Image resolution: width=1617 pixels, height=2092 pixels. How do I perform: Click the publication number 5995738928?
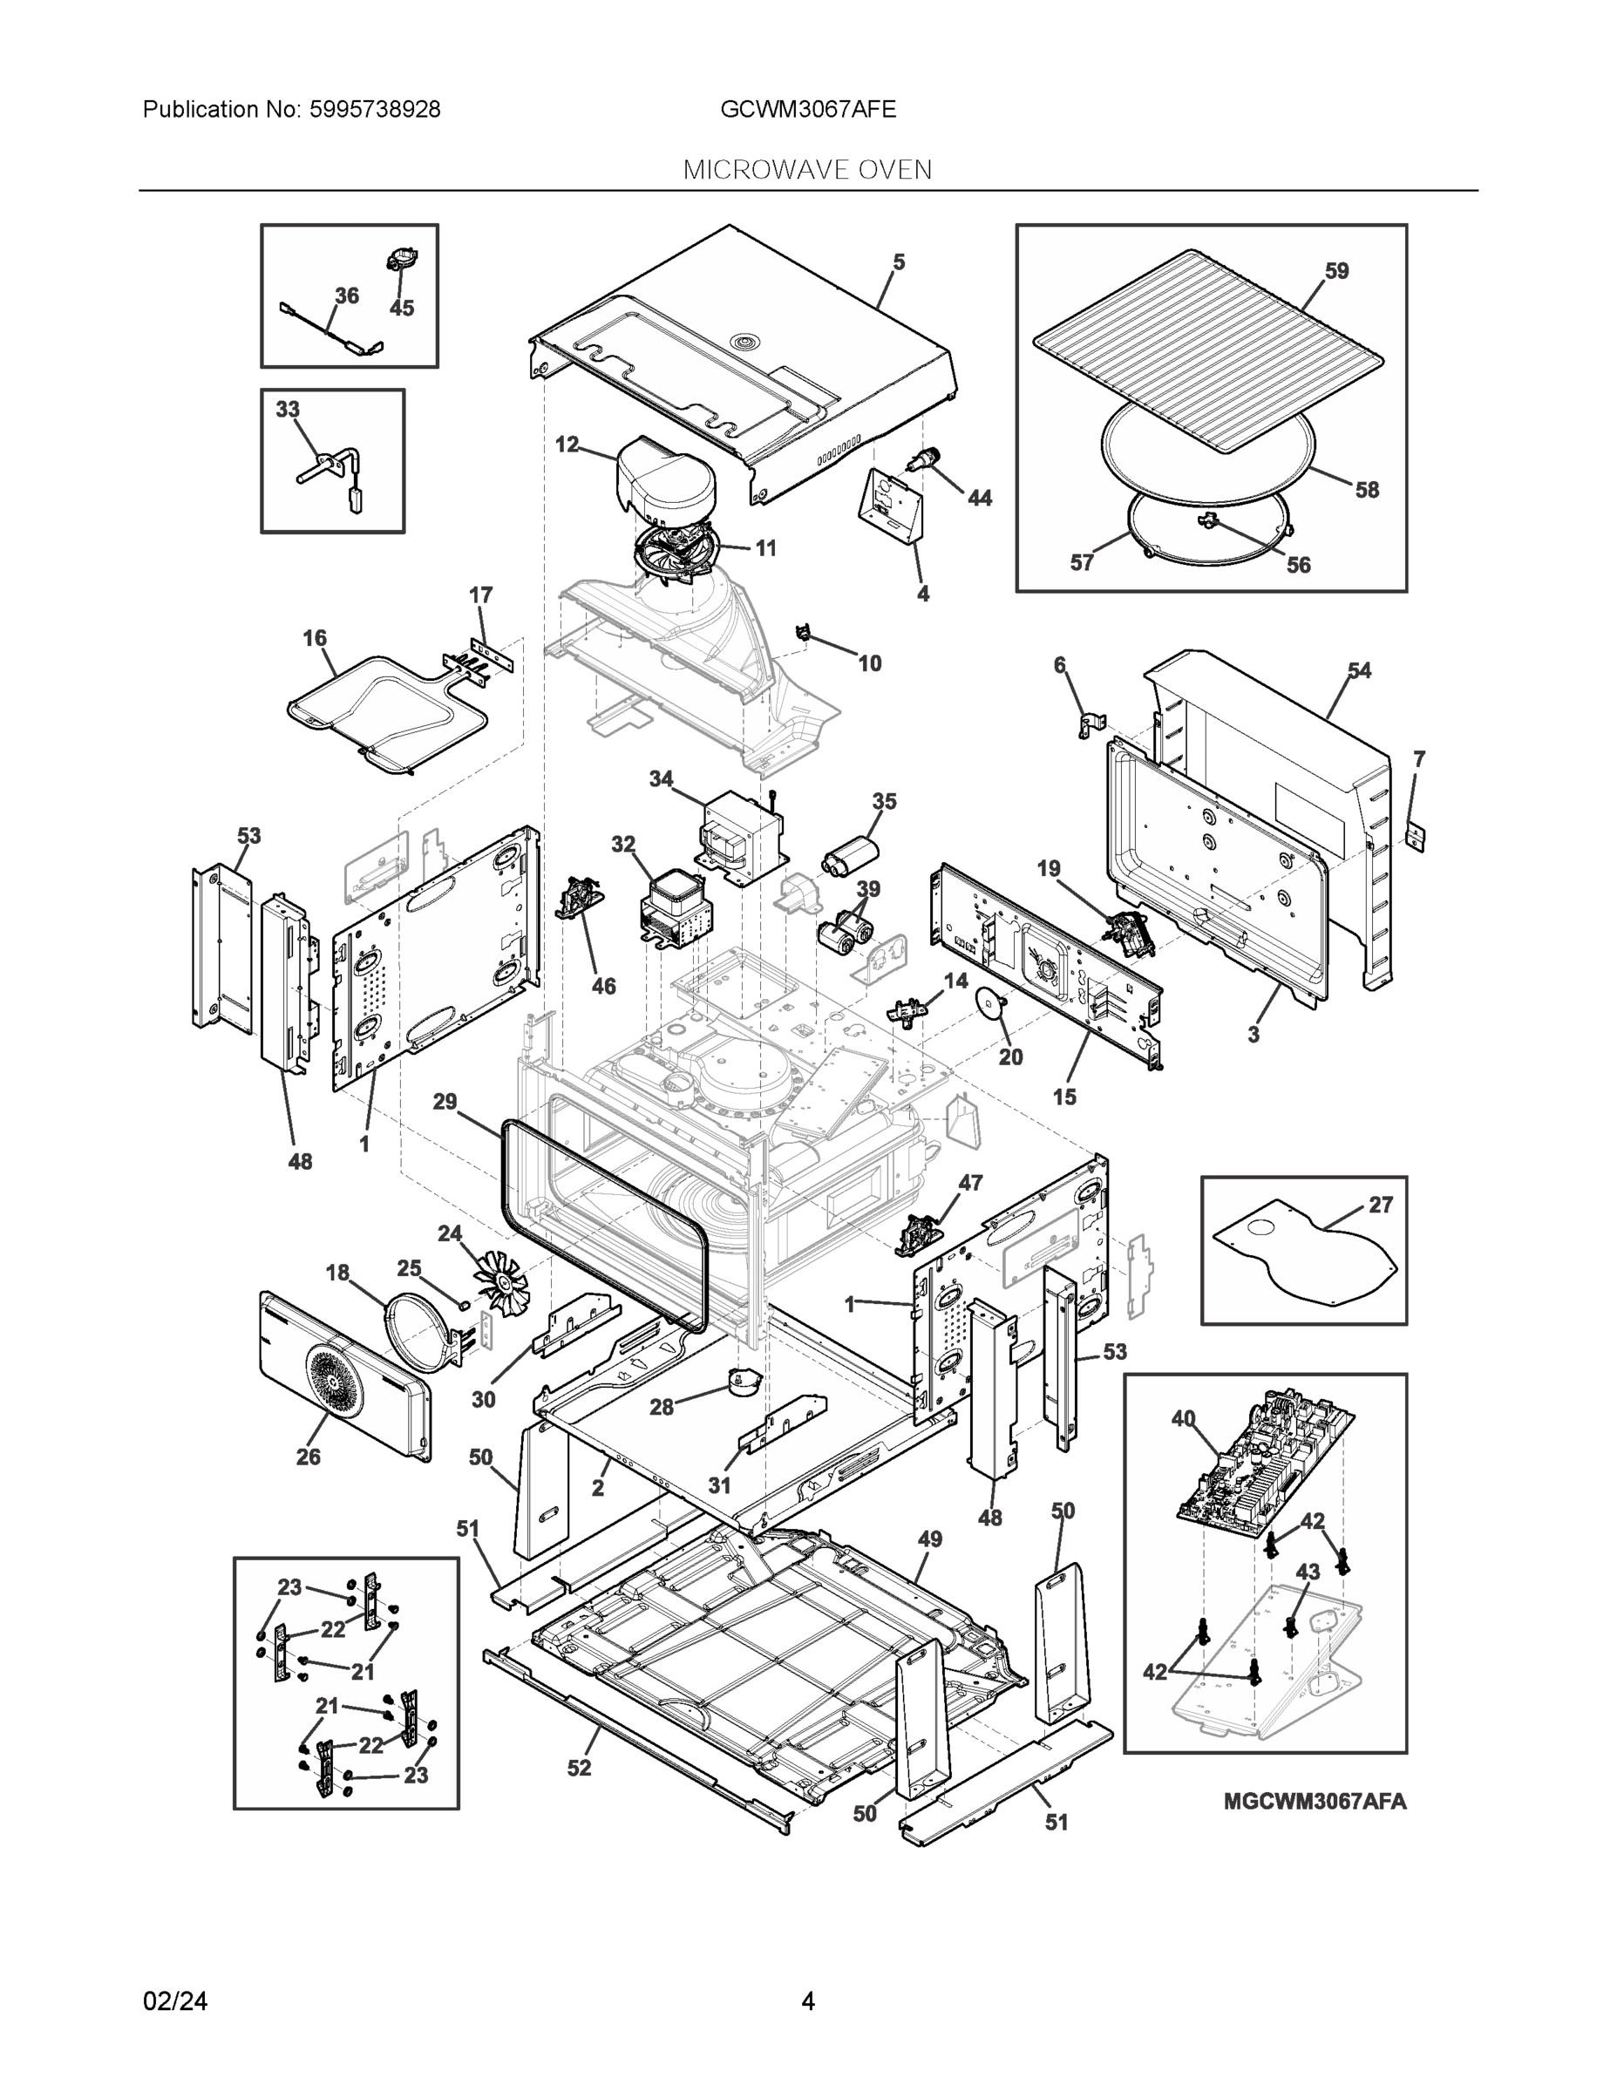[375, 110]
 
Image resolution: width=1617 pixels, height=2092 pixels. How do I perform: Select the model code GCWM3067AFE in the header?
[807, 110]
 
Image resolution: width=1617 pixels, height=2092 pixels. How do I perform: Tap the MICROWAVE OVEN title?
[807, 171]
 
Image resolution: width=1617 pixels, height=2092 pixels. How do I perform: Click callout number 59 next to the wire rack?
[1336, 271]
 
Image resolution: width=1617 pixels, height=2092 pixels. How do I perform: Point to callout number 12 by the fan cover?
[567, 445]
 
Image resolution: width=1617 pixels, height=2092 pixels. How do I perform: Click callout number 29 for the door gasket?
[445, 1102]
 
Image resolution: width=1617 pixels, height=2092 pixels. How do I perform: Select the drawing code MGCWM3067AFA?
[1315, 1802]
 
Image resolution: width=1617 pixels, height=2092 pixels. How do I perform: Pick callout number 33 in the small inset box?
[288, 409]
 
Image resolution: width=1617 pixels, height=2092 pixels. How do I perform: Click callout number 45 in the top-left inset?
[401, 309]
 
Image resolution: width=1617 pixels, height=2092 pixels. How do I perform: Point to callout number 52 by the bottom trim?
[579, 1769]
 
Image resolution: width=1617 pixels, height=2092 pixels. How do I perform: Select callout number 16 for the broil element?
[314, 638]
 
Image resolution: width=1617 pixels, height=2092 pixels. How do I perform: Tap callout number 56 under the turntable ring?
[1298, 565]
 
